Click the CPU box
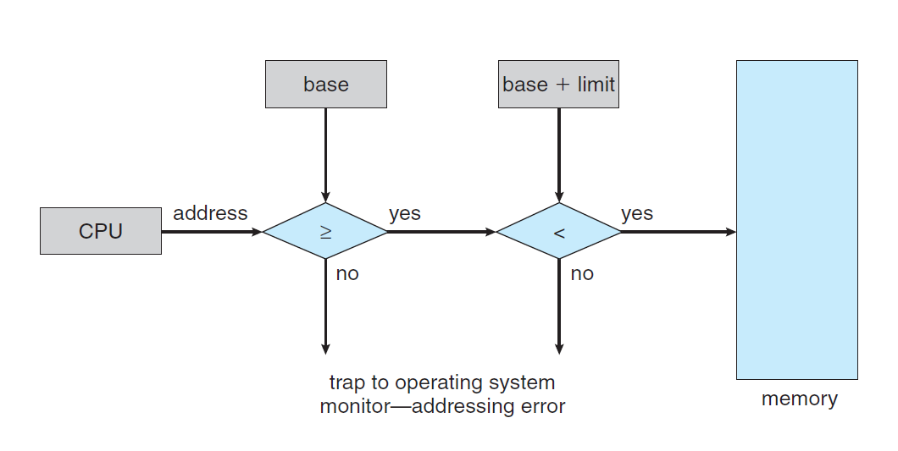[x=100, y=231]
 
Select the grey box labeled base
[x=325, y=84]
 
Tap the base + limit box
[x=558, y=84]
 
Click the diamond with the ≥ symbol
[x=325, y=231]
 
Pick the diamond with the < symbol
[x=558, y=231]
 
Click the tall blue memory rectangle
[x=796, y=219]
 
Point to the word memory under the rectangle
[x=799, y=399]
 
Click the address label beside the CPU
[x=210, y=213]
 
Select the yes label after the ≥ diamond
[x=405, y=213]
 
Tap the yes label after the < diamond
[x=637, y=213]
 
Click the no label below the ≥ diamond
[x=347, y=274]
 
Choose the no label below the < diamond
[x=582, y=274]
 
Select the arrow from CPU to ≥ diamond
[x=212, y=231]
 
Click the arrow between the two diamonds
[x=441, y=231]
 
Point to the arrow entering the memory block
[x=678, y=231]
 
